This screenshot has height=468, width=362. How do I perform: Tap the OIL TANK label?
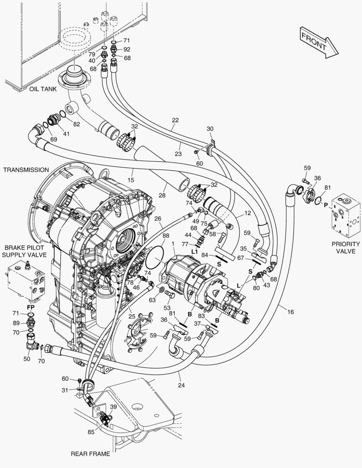tap(43, 89)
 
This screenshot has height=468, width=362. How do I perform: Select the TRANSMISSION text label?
tap(26, 170)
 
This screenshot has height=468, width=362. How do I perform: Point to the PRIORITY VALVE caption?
tap(346, 247)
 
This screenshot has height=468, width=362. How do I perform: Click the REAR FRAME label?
tap(91, 454)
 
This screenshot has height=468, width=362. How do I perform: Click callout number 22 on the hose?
tap(175, 120)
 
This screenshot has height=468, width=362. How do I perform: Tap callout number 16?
tap(290, 312)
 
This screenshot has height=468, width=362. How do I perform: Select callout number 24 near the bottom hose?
tap(181, 385)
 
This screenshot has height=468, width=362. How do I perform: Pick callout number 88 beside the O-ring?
tap(166, 236)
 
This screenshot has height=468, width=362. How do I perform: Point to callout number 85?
tap(91, 432)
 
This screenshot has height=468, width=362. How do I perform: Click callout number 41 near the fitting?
tap(66, 134)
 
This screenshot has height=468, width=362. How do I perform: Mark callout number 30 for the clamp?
tap(210, 129)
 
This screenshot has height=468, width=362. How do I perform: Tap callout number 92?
tap(127, 49)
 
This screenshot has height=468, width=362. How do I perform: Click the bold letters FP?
tap(31, 307)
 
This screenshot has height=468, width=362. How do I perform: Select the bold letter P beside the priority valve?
tap(326, 205)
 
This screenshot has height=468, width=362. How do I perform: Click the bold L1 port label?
tap(195, 252)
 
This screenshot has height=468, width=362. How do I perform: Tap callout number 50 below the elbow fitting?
tap(27, 358)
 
